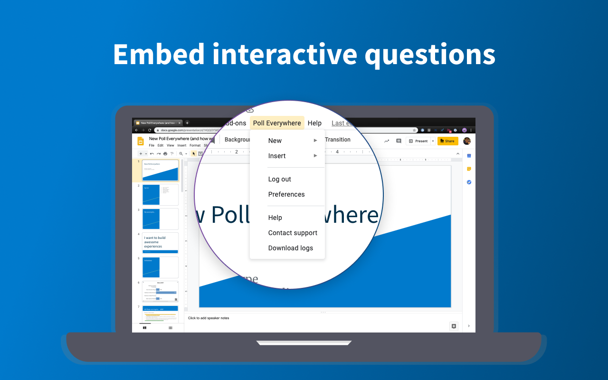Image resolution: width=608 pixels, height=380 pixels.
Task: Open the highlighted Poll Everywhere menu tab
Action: click(x=277, y=123)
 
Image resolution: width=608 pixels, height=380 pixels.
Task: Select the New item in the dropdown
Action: click(x=275, y=141)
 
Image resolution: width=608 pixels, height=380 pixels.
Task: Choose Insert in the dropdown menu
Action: click(x=277, y=156)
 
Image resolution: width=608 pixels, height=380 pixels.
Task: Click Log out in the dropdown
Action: click(x=280, y=179)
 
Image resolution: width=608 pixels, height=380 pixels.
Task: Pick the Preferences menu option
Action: click(x=286, y=194)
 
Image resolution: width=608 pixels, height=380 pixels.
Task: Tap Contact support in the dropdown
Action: click(x=293, y=233)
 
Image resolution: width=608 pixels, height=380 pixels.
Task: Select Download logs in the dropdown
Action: click(x=291, y=248)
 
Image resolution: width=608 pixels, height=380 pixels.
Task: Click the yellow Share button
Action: click(x=447, y=141)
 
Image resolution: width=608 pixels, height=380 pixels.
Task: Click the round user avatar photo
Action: click(x=467, y=141)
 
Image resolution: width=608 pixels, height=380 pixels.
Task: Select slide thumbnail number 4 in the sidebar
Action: click(x=161, y=243)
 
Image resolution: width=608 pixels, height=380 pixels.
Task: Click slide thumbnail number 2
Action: click(x=161, y=194)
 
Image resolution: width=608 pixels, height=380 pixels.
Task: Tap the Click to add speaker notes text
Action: click(x=209, y=318)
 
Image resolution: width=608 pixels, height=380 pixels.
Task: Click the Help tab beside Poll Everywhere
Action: click(x=314, y=123)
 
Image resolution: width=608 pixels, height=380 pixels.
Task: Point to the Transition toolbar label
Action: click(x=338, y=140)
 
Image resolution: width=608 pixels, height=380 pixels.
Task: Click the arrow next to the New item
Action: click(x=315, y=141)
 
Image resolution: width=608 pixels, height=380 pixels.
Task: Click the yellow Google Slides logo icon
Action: click(x=141, y=141)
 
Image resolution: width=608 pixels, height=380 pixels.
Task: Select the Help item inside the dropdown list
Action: click(x=275, y=218)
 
